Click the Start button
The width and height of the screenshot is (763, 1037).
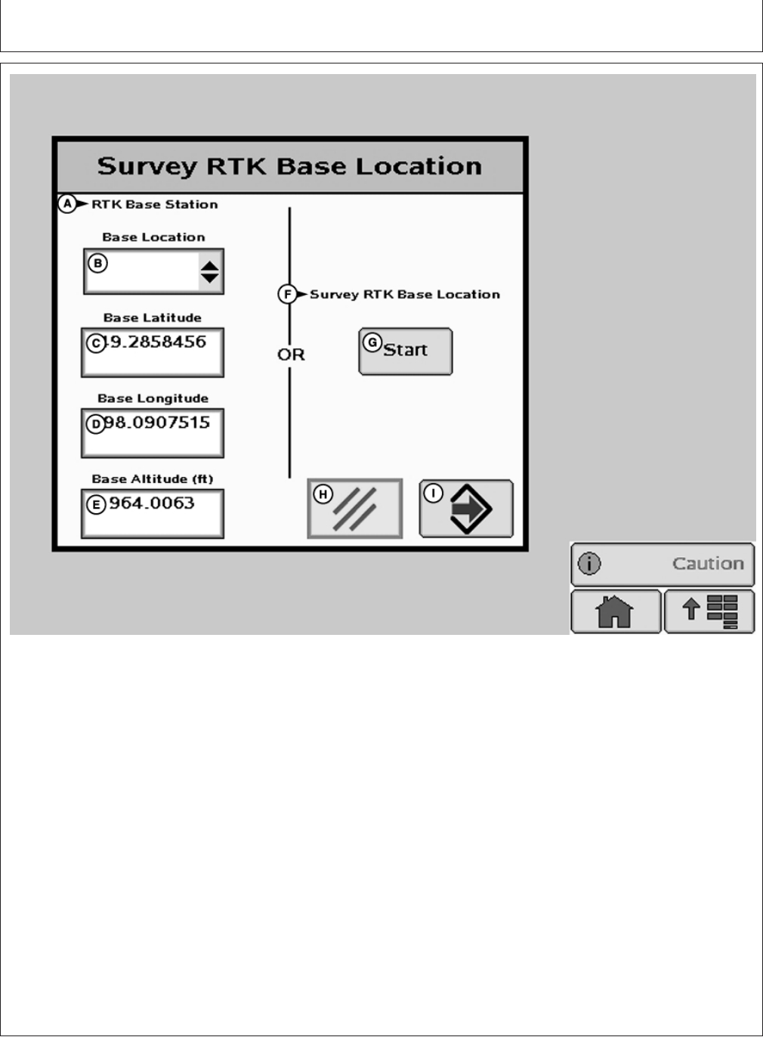406,351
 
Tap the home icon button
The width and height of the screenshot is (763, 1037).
615,611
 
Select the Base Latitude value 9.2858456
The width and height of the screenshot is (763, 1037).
158,342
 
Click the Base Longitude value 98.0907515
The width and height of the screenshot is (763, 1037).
156,423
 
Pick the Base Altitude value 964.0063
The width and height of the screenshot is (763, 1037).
152,503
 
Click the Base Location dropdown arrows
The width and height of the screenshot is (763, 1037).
210,271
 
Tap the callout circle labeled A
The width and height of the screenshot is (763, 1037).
67,204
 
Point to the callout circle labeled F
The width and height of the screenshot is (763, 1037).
287,294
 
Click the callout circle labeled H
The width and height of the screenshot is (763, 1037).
323,494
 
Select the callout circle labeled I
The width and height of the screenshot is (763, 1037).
433,493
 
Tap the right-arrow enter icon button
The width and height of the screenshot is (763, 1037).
470,509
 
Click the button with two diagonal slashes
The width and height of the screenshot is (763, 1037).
355,509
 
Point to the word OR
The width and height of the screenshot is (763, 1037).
291,354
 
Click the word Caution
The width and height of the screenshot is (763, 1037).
708,564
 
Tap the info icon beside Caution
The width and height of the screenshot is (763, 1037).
588,564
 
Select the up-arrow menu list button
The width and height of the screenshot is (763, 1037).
709,611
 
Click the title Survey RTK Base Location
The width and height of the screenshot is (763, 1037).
289,166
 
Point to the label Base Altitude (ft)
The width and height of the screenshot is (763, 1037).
153,479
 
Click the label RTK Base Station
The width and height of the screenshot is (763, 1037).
155,204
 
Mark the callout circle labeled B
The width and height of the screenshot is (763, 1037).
97,264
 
